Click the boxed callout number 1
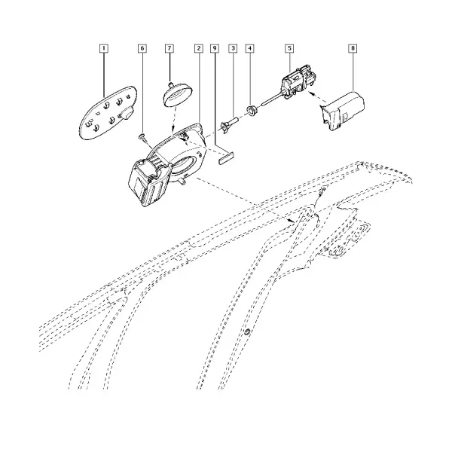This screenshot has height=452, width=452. coord(104,48)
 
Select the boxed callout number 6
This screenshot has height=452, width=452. coord(142,48)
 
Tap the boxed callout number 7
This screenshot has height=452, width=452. coord(169,48)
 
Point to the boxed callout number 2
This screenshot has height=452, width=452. coord(199,48)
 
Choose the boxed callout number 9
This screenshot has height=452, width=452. coord(214,48)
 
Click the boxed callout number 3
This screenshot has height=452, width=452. coord(233,48)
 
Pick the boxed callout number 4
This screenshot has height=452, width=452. coord(250,48)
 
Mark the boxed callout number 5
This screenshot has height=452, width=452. coord(289,48)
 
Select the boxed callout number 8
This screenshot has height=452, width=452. coord(353,48)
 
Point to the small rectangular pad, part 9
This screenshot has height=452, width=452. coord(226,159)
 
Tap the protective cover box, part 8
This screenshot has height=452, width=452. coord(343,111)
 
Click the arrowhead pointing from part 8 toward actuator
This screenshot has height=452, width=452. coord(310,93)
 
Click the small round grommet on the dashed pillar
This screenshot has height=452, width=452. coord(247,331)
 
